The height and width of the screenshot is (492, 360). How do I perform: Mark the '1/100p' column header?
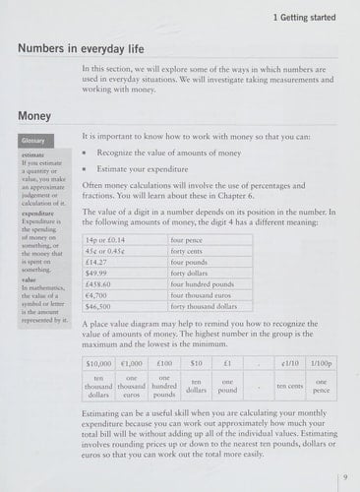point(320,362)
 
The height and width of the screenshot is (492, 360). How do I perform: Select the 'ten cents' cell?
point(289,385)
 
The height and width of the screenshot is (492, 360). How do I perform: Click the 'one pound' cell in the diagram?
point(227,385)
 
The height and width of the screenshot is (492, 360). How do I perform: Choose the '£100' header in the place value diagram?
point(163,362)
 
